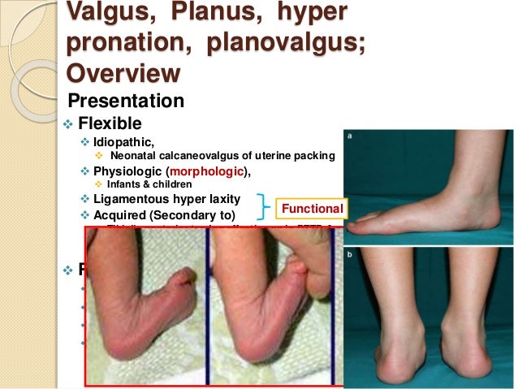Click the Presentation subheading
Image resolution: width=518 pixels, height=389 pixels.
point(126,102)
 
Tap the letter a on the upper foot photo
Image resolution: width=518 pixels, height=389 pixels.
point(352,139)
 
